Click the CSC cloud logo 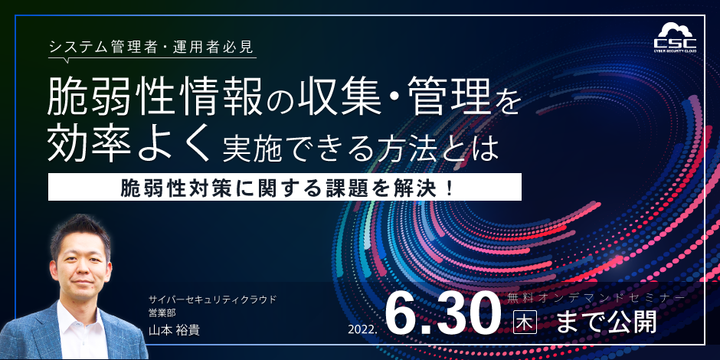pos(675,38)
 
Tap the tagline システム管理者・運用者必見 pos(152,47)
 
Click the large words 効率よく pos(130,144)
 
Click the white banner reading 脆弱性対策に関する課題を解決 pos(285,187)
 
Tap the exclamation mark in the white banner pos(449,187)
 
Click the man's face pos(81,267)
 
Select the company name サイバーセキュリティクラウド pos(213,299)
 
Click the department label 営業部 pos(159,314)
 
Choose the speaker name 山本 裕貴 pos(174,329)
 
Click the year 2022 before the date pos(364,329)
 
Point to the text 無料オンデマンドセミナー pos(596,298)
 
